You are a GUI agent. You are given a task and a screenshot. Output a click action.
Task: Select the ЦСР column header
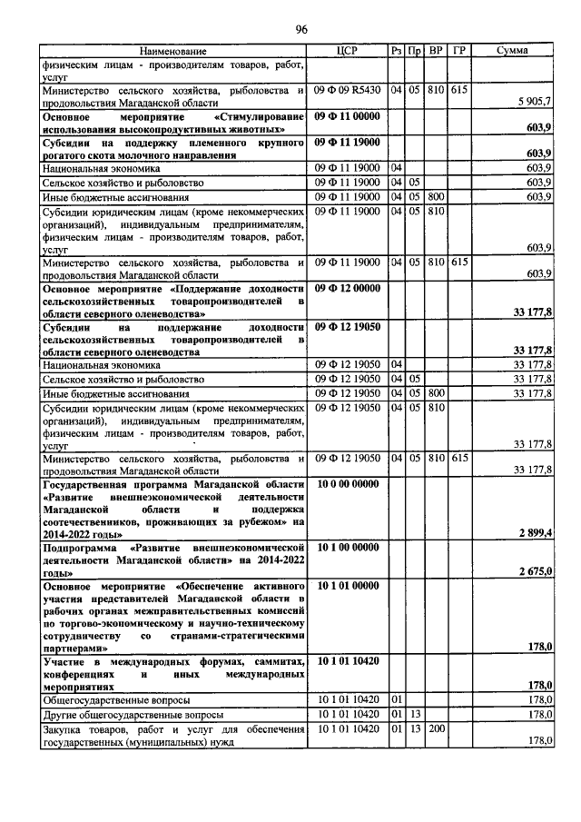[x=349, y=51]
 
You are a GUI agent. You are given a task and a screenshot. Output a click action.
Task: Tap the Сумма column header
[x=513, y=51]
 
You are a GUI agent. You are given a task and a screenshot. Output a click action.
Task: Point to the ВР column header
[x=436, y=51]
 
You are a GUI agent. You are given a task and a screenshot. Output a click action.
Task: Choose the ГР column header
[x=459, y=51]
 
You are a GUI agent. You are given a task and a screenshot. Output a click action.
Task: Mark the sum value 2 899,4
[x=536, y=533]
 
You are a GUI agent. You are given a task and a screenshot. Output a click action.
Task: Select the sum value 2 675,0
[x=536, y=570]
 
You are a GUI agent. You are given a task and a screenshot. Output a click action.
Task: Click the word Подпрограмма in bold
[x=84, y=550]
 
